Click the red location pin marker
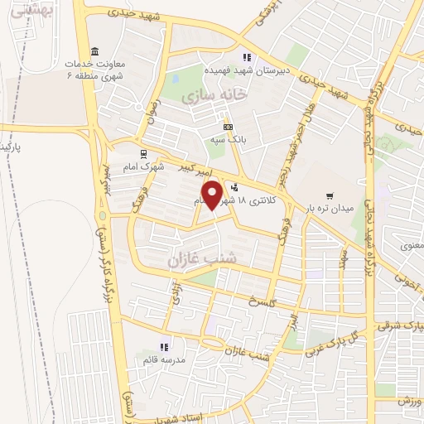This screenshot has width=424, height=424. pyautogui.click(x=214, y=195)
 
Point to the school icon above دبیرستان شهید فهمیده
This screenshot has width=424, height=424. pyautogui.click(x=246, y=57)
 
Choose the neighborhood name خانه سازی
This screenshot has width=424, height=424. pyautogui.click(x=214, y=97)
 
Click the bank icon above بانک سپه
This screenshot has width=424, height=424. pyautogui.click(x=228, y=127)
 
